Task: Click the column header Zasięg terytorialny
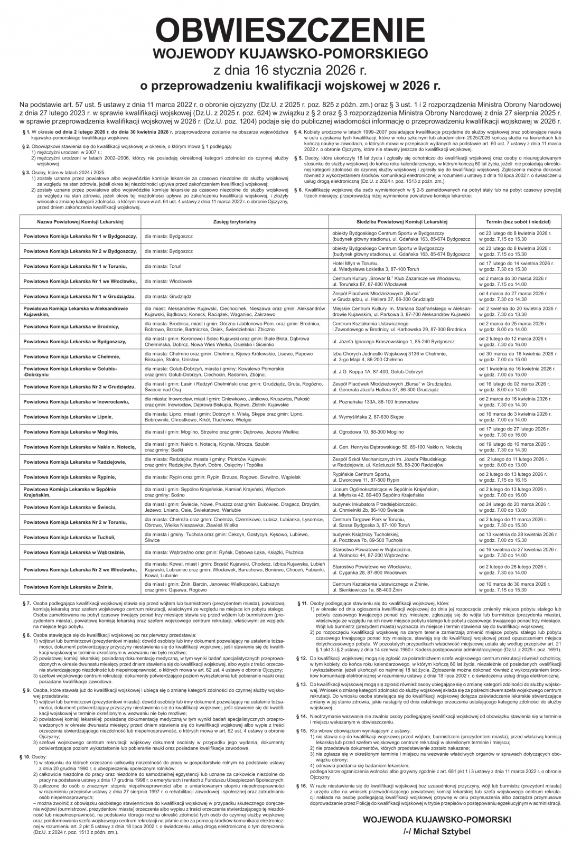point(235,222)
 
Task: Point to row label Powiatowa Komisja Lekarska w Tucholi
point(72,538)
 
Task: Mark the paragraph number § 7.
point(25,603)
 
